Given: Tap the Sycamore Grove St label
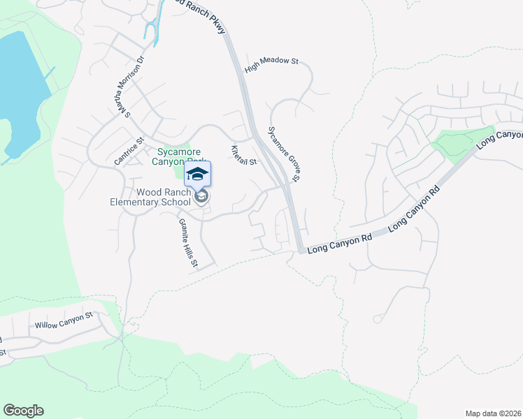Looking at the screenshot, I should pos(285,154).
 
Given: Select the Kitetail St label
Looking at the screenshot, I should pos(244,155).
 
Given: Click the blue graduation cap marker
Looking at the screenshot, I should pos(197,174).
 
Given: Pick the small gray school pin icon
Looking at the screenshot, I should pos(202,198).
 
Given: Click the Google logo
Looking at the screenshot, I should pos(23,411).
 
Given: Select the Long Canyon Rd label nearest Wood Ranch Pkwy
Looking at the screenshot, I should pos(339,244).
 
